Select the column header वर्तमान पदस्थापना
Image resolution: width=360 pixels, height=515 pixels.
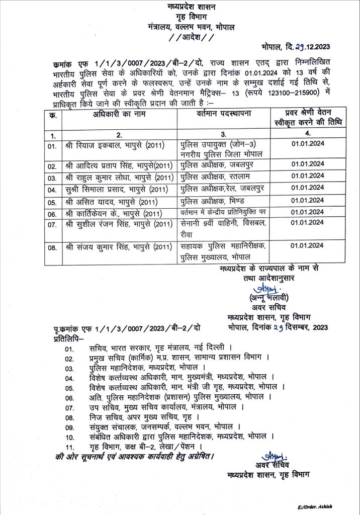coord(224,115)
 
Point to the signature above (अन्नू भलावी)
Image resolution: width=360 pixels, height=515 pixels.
coord(262,289)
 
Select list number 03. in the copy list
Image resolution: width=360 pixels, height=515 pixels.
coord(70,368)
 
